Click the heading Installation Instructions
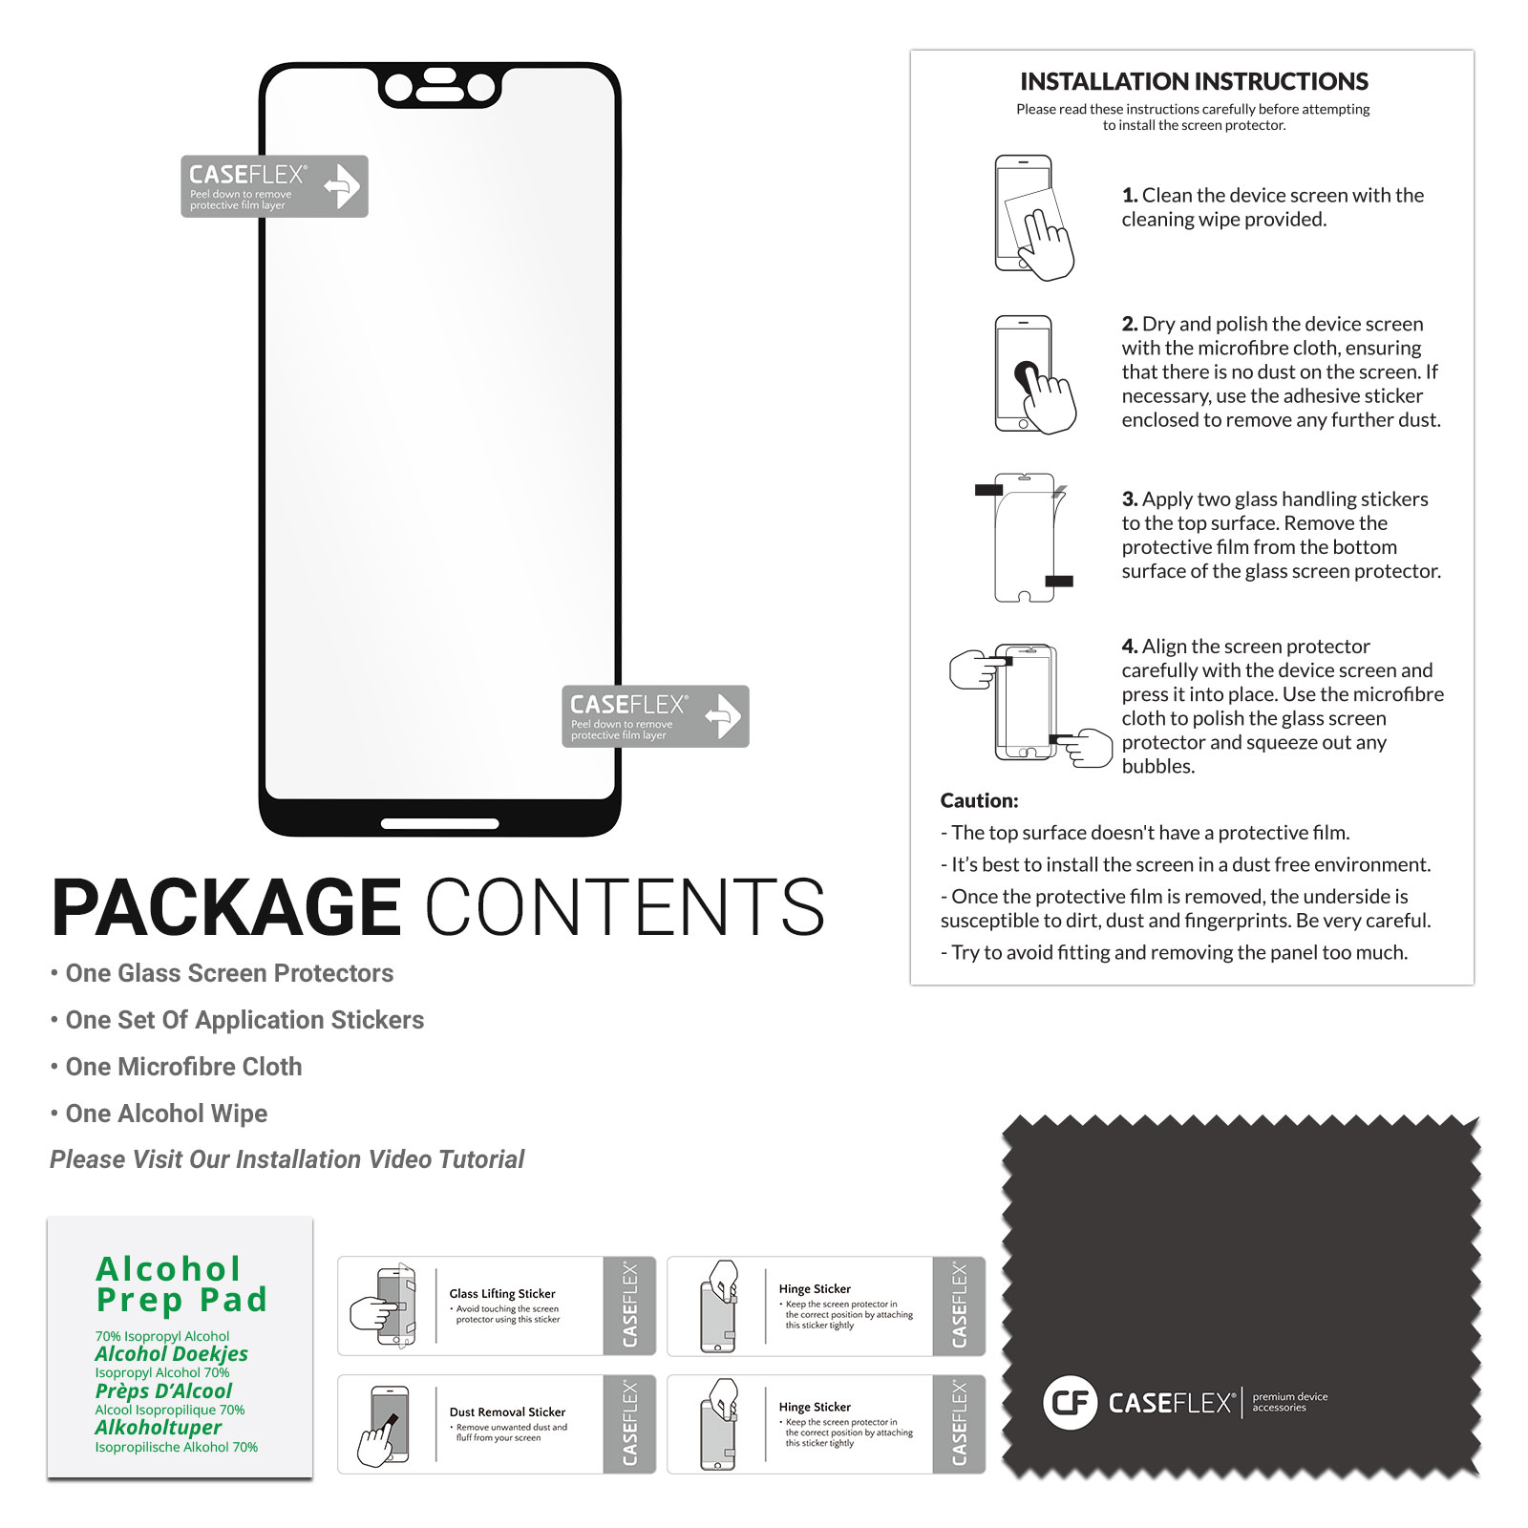tap(1194, 81)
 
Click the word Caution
tap(979, 800)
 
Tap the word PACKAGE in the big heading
tap(226, 907)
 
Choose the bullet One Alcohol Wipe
tap(159, 1114)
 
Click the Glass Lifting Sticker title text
tap(502, 1293)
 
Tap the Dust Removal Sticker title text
tap(507, 1411)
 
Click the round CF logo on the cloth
tap(1071, 1403)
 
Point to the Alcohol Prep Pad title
tap(181, 1284)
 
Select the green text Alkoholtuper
tap(158, 1428)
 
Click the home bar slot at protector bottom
tap(439, 823)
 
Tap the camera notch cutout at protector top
tap(439, 87)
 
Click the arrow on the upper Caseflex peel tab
tap(342, 185)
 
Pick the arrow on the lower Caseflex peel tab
tap(723, 716)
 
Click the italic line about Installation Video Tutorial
tap(286, 1159)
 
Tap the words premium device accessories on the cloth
tap(1289, 1402)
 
